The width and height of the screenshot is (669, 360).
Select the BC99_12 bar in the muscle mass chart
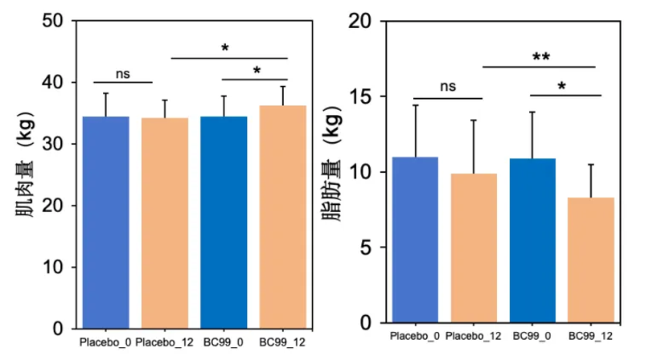[282, 217]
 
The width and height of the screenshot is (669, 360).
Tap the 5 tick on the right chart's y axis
[367, 247]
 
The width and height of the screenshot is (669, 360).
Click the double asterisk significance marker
[540, 57]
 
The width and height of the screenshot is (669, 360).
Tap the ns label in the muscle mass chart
[122, 73]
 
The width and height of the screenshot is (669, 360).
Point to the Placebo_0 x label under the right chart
[414, 335]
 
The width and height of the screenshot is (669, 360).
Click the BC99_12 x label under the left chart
[281, 342]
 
